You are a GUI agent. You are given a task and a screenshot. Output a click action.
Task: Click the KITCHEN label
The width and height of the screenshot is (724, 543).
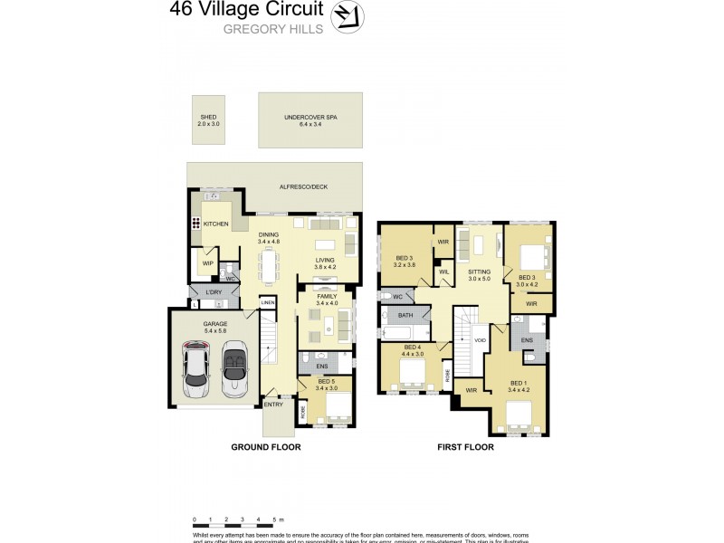pos(215,224)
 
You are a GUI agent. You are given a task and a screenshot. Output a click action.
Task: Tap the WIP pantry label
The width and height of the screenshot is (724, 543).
pos(207,264)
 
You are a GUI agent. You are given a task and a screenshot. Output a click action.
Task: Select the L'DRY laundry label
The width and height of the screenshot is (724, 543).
pos(214,294)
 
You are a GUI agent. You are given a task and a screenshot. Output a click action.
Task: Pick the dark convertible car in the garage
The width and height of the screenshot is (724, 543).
pos(233,367)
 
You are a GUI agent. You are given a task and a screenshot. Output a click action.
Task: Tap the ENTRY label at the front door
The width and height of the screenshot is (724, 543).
pos(274,405)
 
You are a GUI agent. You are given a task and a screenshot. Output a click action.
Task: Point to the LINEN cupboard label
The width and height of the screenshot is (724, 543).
pos(268,302)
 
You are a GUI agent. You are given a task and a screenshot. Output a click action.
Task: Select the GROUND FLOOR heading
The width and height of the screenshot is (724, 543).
pos(265,448)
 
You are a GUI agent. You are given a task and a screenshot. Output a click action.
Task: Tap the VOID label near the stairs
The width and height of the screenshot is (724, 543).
pos(481,340)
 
